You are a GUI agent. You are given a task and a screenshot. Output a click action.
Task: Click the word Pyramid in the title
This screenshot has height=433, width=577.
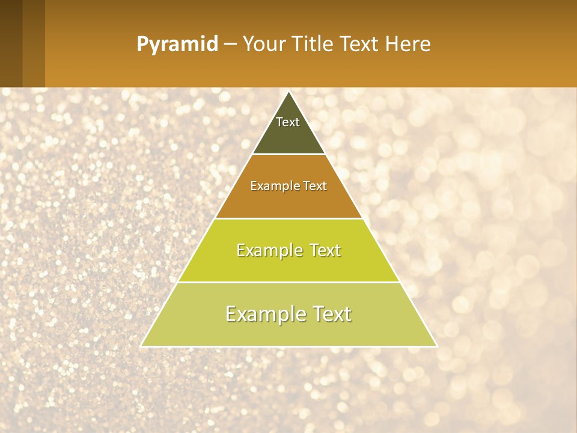point(177,45)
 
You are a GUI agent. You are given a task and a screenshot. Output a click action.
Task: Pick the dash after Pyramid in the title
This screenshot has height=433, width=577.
point(230,45)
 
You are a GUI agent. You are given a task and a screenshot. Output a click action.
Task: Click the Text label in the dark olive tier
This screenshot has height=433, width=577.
point(288,122)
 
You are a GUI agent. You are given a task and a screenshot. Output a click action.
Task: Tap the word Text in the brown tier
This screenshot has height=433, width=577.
point(315,186)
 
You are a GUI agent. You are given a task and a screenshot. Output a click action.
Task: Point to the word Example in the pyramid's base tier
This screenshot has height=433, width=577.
point(263,314)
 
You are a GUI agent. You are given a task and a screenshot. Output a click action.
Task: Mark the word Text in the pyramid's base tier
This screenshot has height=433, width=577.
point(331,314)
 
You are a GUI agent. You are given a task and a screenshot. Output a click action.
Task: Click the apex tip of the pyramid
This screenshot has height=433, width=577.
point(289,92)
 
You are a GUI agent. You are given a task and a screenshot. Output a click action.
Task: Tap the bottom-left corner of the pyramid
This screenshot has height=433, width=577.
point(142,346)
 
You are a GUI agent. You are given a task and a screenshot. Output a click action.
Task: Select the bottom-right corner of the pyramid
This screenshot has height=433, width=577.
point(436,346)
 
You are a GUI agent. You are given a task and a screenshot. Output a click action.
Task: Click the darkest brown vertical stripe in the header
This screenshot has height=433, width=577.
point(11,43)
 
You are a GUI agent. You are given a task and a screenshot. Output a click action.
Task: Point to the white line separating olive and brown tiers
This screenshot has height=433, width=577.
point(288,155)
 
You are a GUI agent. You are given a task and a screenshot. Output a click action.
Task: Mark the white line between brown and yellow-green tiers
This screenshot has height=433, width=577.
point(288,218)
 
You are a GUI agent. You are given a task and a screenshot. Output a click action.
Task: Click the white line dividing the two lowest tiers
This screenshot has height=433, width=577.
point(288,282)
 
